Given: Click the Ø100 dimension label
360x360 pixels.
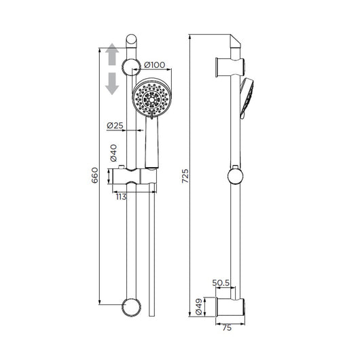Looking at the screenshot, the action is click(x=154, y=65).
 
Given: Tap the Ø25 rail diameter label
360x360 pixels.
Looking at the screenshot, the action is click(x=115, y=126).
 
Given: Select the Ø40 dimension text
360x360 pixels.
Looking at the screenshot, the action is click(x=113, y=153).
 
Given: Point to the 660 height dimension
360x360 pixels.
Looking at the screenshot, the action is click(x=94, y=175).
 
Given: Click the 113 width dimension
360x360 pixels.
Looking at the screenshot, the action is click(x=121, y=197).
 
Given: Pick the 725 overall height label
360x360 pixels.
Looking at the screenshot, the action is click(x=185, y=176).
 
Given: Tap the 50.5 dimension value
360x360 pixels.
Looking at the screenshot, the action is click(x=221, y=283).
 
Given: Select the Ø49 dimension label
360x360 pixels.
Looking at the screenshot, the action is click(x=198, y=306).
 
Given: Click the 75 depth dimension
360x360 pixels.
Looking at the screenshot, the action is click(x=227, y=328).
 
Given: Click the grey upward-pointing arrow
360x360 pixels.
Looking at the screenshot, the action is click(x=112, y=54).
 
